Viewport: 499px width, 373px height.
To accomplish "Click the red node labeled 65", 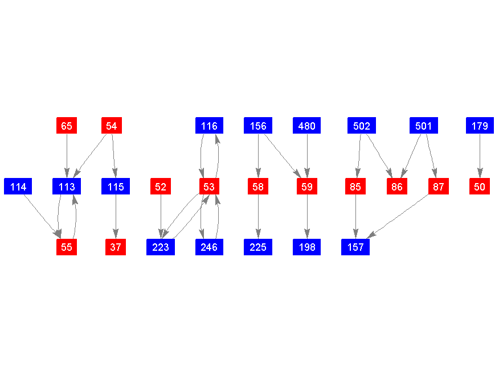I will coord(67,126).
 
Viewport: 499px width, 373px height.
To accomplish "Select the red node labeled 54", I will coord(112,126).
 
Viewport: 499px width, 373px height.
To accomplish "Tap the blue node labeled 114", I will coord(18,186).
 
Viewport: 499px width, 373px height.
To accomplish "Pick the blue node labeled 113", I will coord(67,186).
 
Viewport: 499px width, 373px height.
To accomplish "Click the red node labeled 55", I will coord(67,247).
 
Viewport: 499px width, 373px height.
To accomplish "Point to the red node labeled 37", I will coord(116,247).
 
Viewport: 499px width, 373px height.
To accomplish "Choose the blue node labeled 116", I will coord(209,126).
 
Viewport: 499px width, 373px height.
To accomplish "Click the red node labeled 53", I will coord(209,186).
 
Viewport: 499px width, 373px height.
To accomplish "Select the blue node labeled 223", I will coord(161,247).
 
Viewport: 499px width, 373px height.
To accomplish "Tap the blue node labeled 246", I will coord(209,247).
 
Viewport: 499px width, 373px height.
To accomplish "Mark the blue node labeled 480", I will coord(307,126).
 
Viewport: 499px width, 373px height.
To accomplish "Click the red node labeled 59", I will coord(307,186).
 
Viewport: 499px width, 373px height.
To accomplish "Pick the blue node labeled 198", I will coord(307,247).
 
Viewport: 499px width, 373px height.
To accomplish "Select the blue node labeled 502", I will coord(362,126).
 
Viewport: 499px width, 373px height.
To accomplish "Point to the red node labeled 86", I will coord(397,186).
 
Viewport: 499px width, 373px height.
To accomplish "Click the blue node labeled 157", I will coord(355,247).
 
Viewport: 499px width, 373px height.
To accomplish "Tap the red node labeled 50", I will coord(480,186).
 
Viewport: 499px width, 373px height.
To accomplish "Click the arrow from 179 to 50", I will coord(480,156).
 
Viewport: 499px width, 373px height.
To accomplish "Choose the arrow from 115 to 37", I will coord(116,217).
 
